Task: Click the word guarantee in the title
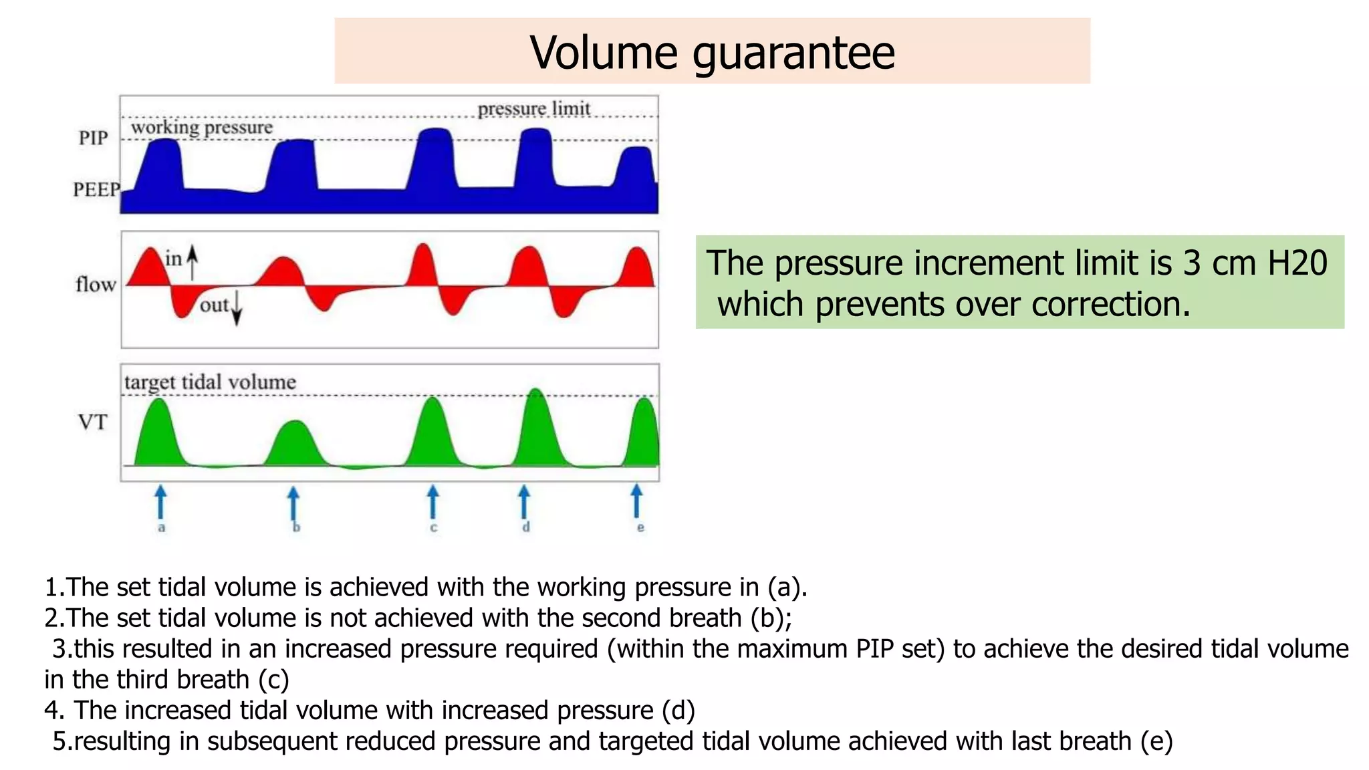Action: pyautogui.click(x=793, y=53)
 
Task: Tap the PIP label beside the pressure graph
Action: pyautogui.click(x=93, y=138)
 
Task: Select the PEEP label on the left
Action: pyautogui.click(x=96, y=190)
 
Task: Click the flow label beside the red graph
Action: pyautogui.click(x=96, y=285)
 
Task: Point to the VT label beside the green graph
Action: pyautogui.click(x=92, y=422)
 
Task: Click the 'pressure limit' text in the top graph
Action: pyautogui.click(x=533, y=108)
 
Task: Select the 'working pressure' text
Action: pyautogui.click(x=201, y=127)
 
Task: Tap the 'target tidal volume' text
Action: pyautogui.click(x=210, y=382)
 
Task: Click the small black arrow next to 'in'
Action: pyautogui.click(x=193, y=262)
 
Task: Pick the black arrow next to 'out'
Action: pyautogui.click(x=237, y=309)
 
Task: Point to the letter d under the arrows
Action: pyautogui.click(x=526, y=527)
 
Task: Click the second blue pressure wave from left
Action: pyautogui.click(x=292, y=167)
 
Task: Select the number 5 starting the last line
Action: pyautogui.click(x=60, y=741)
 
